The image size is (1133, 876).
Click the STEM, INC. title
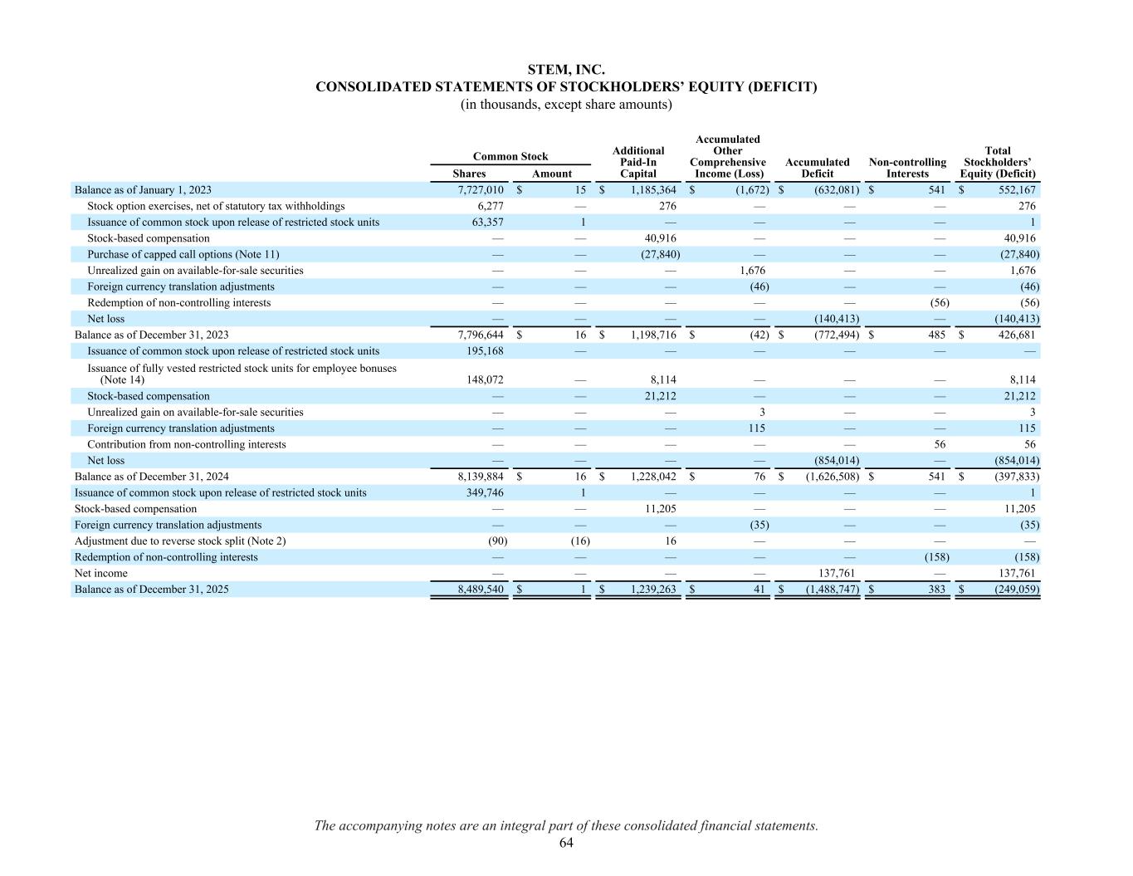(x=566, y=70)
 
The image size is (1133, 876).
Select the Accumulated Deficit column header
(x=817, y=168)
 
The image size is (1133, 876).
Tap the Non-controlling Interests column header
(x=907, y=168)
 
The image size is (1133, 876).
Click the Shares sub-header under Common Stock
(x=469, y=174)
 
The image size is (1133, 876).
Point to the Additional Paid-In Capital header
(x=637, y=162)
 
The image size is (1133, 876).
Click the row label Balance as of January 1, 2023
(x=143, y=190)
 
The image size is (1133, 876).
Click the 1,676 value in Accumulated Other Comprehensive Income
(x=752, y=271)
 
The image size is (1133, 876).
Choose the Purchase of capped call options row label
(x=183, y=255)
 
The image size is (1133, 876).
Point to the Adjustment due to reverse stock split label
(x=180, y=541)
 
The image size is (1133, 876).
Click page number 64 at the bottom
(x=566, y=843)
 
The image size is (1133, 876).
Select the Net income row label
(x=101, y=573)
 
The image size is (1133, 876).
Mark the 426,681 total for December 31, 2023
(x=1014, y=335)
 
